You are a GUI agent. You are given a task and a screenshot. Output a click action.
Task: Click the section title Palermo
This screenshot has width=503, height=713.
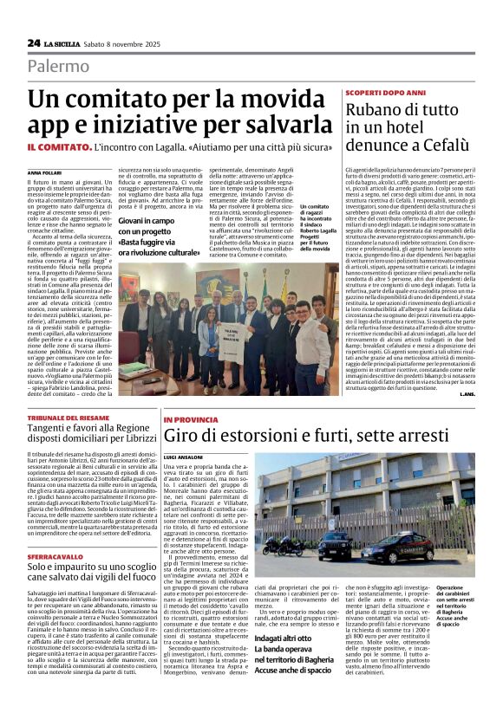click(x=59, y=66)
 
